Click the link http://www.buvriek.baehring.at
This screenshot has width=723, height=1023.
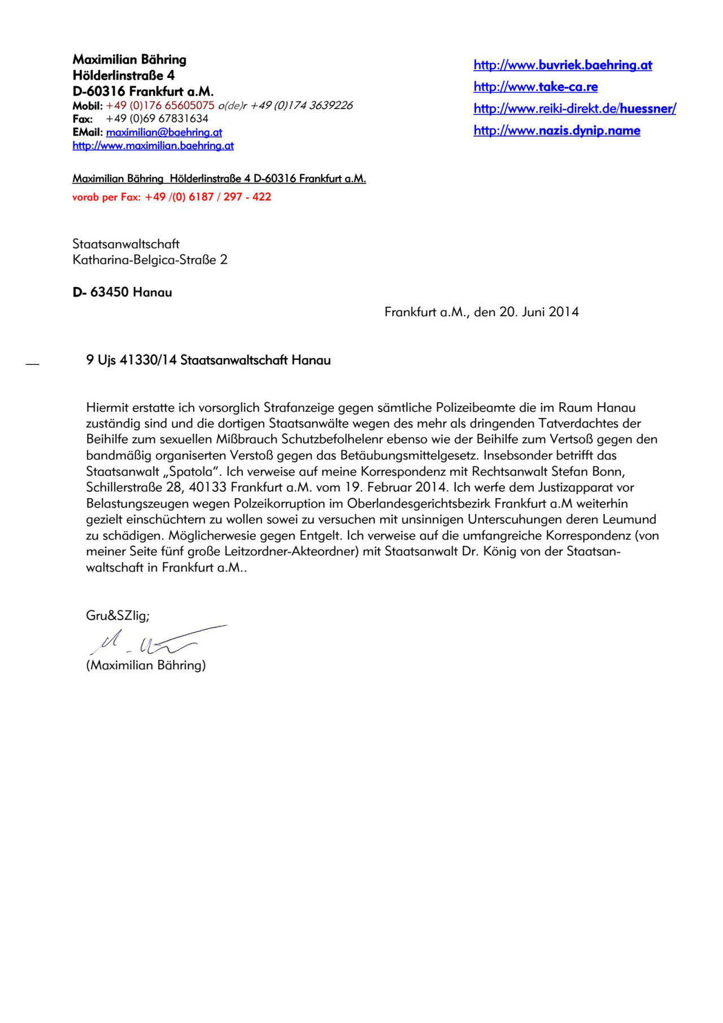(x=563, y=65)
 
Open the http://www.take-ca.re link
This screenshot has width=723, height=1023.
(x=535, y=87)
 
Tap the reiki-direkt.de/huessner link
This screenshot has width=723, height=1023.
(x=574, y=108)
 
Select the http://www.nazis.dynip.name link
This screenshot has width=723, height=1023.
(x=556, y=130)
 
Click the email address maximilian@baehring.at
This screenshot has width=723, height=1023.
(x=164, y=132)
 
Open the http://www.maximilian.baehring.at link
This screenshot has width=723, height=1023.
(x=153, y=146)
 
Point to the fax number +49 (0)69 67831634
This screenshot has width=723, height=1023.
(x=157, y=119)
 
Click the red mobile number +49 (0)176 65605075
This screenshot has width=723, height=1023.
(x=160, y=105)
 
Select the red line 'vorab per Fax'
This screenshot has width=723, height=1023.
(x=172, y=197)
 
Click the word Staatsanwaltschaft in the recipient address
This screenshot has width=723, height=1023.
(x=126, y=244)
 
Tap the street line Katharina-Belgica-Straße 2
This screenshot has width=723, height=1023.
(x=150, y=260)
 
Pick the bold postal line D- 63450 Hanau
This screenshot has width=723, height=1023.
(x=123, y=292)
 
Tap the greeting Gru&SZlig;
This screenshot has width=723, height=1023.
(x=117, y=616)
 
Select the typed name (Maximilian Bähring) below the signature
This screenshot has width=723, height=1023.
(x=146, y=665)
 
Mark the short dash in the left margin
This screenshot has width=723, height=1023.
(x=33, y=364)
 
